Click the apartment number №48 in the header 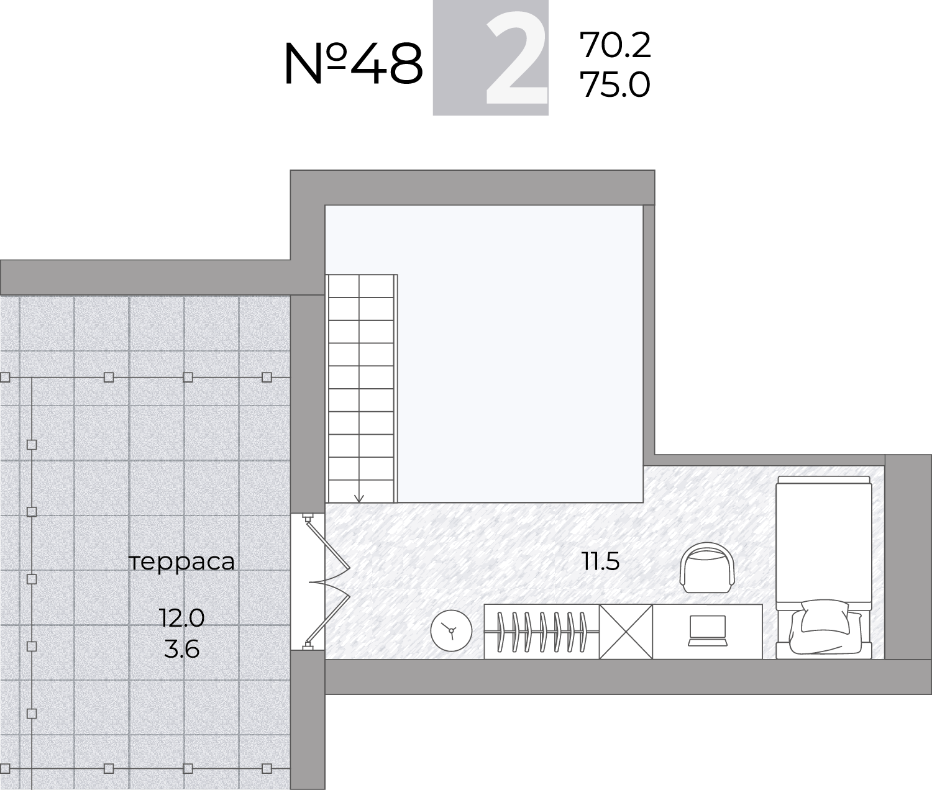coord(354,64)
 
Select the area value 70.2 coord(615,45)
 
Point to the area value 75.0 coord(615,84)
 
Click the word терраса coord(182,563)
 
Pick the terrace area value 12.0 coord(181,618)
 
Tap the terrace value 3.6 coord(181,650)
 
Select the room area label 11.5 coord(601,561)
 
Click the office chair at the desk coord(708,568)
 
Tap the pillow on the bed coord(824,616)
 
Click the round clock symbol coord(451,630)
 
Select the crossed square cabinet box coord(626,632)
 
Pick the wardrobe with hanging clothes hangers coord(542,632)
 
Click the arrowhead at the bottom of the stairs coord(359,499)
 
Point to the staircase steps coord(361,388)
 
